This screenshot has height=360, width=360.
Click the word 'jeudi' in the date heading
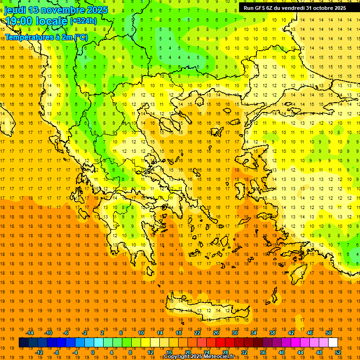click(x=15, y=10)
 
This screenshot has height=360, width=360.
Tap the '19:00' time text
click(x=19, y=21)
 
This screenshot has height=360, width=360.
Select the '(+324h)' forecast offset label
click(x=83, y=21)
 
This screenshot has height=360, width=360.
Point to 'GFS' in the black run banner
click(x=262, y=8)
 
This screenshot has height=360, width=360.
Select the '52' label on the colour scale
click(x=338, y=352)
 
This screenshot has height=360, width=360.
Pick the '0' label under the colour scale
click(x=92, y=352)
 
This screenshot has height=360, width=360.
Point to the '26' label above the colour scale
click(x=216, y=333)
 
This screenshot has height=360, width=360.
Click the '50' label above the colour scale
click(x=329, y=333)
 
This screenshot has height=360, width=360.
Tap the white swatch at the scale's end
click(x=333, y=343)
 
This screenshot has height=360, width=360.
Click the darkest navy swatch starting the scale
click(x=23, y=343)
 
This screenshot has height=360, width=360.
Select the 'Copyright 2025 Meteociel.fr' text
click(x=205, y=357)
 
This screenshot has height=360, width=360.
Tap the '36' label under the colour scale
click(x=262, y=352)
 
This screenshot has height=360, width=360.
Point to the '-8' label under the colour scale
click(x=57, y=352)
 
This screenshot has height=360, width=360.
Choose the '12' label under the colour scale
click(x=150, y=352)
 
